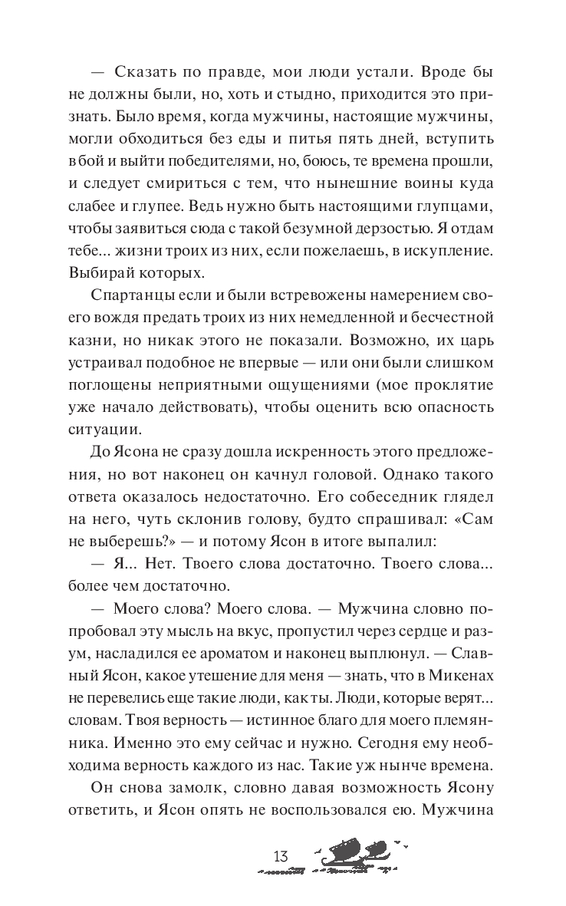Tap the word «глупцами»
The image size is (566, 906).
[452, 210]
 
